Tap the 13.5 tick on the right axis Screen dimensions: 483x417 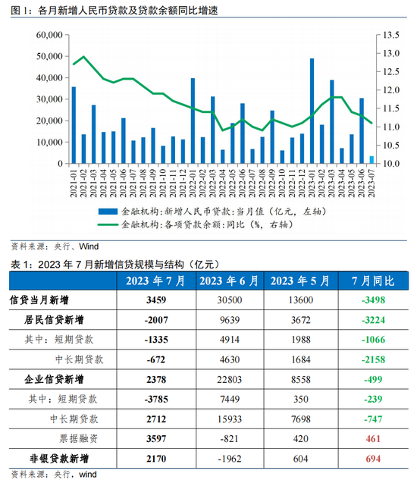click(x=390, y=36)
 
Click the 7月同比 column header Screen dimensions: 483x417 click(x=372, y=281)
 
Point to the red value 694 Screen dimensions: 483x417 click(x=373, y=459)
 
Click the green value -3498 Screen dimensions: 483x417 click(x=373, y=300)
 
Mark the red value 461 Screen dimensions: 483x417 click(x=373, y=438)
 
